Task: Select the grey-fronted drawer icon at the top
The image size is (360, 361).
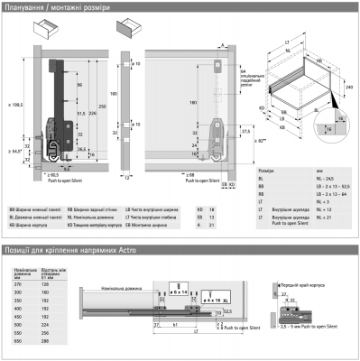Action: (131, 28)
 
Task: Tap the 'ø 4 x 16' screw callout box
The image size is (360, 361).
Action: (215, 294)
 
